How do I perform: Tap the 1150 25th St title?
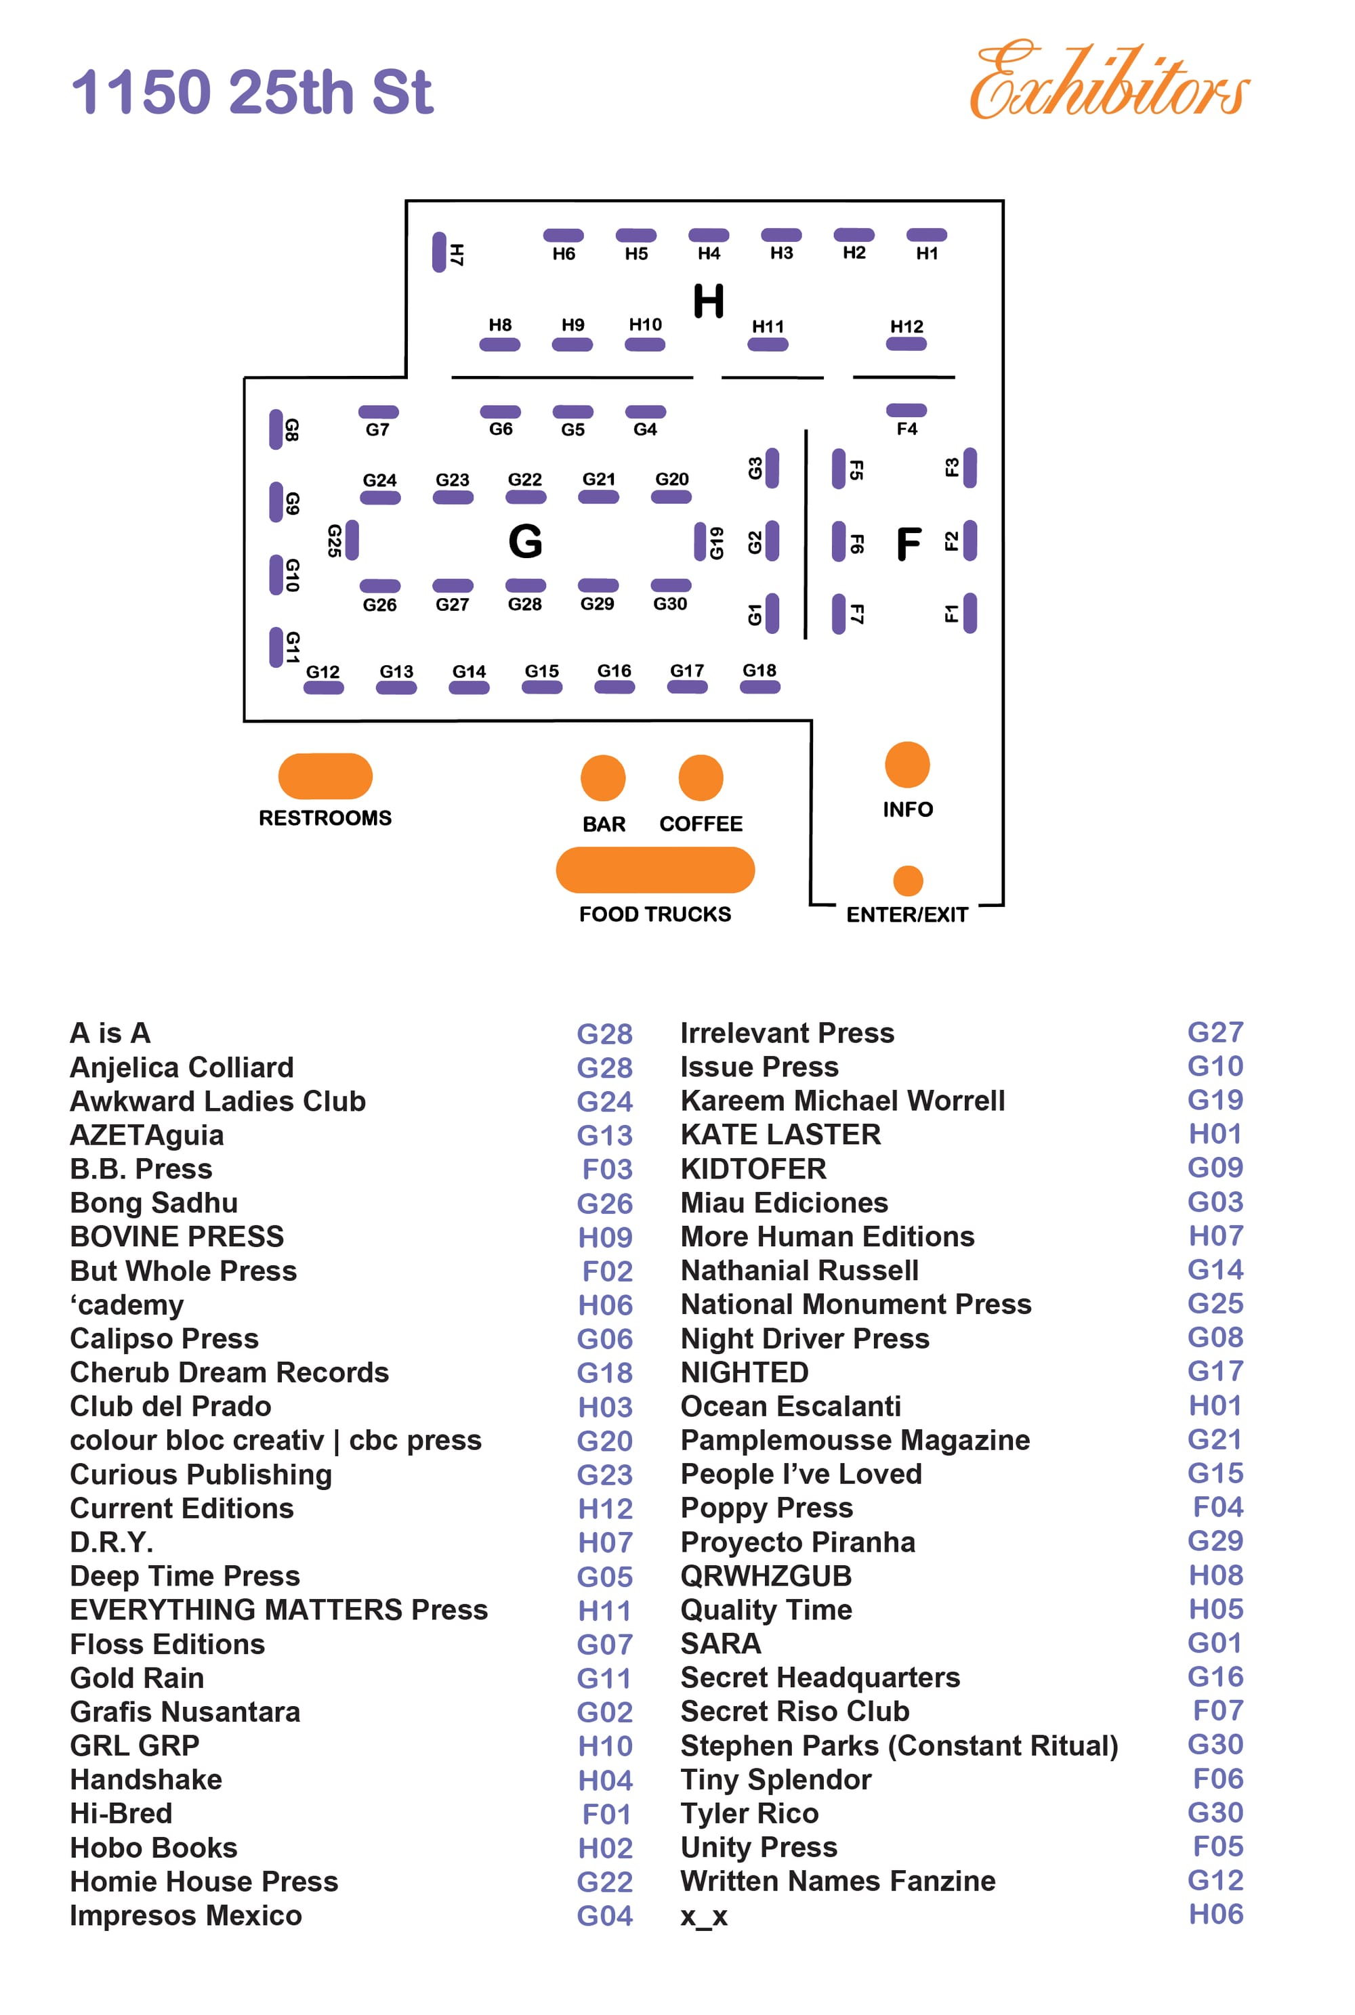point(251,91)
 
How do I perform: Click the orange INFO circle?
point(906,765)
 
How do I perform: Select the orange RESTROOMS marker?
point(325,776)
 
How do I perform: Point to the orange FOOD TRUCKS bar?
point(655,870)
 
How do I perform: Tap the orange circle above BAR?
point(603,778)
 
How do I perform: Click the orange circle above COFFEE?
point(701,778)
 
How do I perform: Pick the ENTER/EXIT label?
point(906,914)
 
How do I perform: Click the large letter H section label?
point(709,301)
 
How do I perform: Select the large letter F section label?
point(909,543)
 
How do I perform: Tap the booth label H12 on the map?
point(906,326)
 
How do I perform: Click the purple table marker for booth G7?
point(379,412)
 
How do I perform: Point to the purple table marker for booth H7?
point(439,252)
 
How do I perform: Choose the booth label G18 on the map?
point(759,671)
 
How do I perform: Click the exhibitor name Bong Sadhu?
point(154,1202)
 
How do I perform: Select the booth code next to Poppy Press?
point(1217,1507)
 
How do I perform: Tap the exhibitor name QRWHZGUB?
point(766,1575)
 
